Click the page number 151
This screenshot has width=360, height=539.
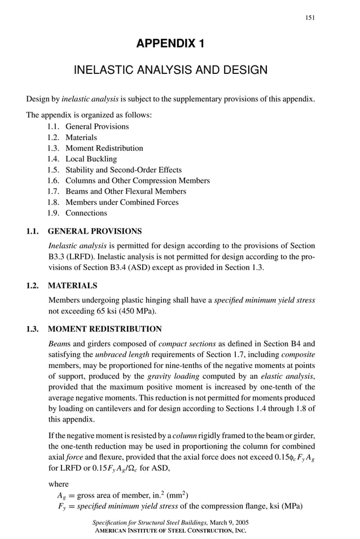pyautogui.click(x=310, y=17)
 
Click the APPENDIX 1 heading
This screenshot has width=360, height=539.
pyautogui.click(x=170, y=44)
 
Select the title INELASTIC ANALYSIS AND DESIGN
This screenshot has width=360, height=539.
pyautogui.click(x=170, y=71)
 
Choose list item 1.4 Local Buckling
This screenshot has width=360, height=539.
pyautogui.click(x=91, y=159)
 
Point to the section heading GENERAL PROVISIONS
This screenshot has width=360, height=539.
pyautogui.click(x=95, y=231)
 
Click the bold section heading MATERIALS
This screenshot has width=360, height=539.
pyautogui.click(x=73, y=286)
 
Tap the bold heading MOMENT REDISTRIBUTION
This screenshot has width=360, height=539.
pyautogui.click(x=105, y=329)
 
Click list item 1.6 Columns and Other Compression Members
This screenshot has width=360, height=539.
pyautogui.click(x=137, y=181)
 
